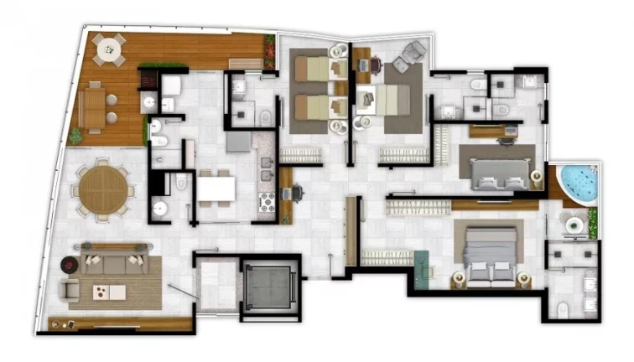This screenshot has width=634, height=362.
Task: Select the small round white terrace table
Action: (107, 51)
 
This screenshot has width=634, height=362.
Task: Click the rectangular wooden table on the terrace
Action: (94, 108)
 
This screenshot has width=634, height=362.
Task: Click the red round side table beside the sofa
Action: (67, 266)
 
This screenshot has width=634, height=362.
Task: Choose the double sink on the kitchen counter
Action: (265, 168)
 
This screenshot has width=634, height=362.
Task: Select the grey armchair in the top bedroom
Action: (412, 54)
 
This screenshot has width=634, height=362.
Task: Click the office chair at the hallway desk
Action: (298, 193)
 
